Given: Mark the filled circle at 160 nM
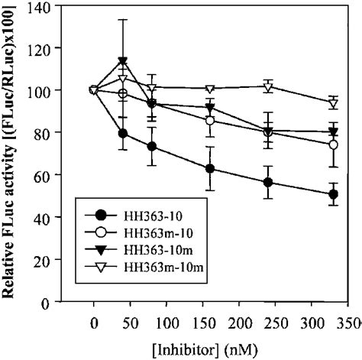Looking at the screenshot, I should [x=209, y=169].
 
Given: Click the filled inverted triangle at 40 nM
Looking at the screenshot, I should [x=122, y=62].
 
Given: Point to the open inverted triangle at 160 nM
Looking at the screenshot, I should [x=209, y=88].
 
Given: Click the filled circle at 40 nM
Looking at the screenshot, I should [x=122, y=134].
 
